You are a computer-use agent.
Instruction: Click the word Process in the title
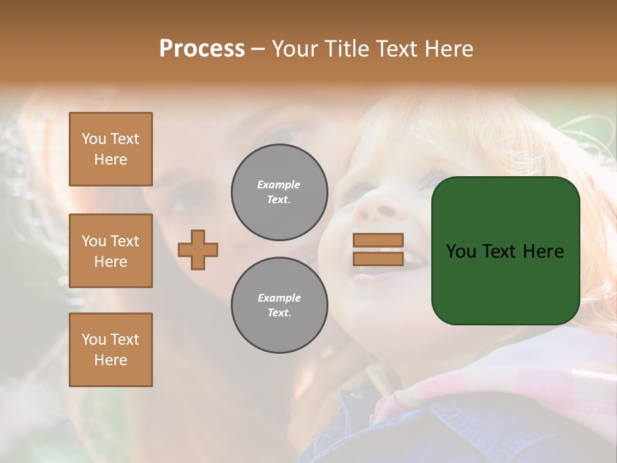202,49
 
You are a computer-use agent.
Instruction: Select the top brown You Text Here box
111,149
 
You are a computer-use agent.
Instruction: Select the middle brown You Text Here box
111,251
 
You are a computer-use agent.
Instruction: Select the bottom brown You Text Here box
111,350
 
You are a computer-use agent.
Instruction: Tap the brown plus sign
198,250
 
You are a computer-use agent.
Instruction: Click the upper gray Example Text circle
280,192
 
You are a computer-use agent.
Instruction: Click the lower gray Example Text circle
280,305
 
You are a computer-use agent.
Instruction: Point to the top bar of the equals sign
378,241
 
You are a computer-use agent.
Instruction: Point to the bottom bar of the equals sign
378,259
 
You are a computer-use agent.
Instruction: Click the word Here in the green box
543,251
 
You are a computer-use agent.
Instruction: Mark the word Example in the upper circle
278,185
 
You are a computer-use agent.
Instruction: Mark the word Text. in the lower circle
279,313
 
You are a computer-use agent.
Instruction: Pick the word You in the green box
461,251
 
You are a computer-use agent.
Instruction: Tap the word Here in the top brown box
111,159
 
